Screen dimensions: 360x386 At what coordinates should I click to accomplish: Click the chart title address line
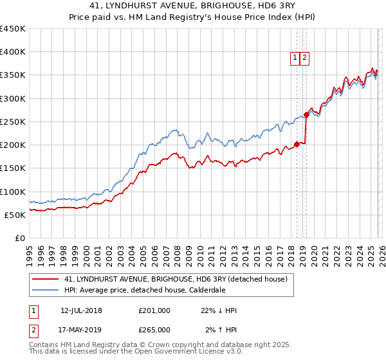pyautogui.click(x=192, y=6)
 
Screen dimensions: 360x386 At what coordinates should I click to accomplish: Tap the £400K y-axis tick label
pyautogui.click(x=13, y=52)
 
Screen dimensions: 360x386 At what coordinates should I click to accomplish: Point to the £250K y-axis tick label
pyautogui.click(x=13, y=122)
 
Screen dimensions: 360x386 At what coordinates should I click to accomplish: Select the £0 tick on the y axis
pyautogui.click(x=20, y=238)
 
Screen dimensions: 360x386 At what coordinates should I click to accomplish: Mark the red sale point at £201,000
pyautogui.click(x=297, y=144)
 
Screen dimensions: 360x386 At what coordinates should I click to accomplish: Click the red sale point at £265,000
pyautogui.click(x=306, y=115)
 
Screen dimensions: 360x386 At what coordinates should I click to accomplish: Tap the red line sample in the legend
pyautogui.click(x=46, y=279)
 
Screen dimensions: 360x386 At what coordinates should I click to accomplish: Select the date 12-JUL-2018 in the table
pyautogui.click(x=81, y=310)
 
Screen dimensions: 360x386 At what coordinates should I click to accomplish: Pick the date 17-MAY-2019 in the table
pyautogui.click(x=81, y=329)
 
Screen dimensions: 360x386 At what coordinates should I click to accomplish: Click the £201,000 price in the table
pyautogui.click(x=154, y=310)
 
